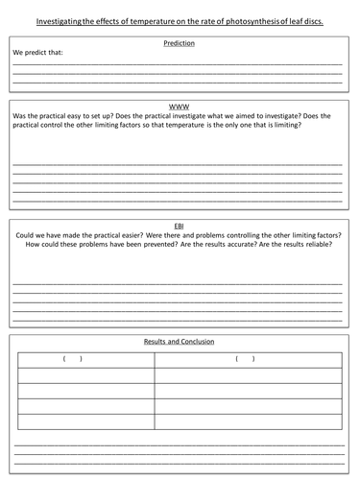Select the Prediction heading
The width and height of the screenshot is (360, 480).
pyautogui.click(x=180, y=43)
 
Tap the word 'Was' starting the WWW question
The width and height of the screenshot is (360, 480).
pyautogui.click(x=20, y=115)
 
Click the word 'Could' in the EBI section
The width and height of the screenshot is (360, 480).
pyautogui.click(x=25, y=233)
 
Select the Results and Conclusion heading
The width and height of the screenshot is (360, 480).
pyautogui.click(x=180, y=341)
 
